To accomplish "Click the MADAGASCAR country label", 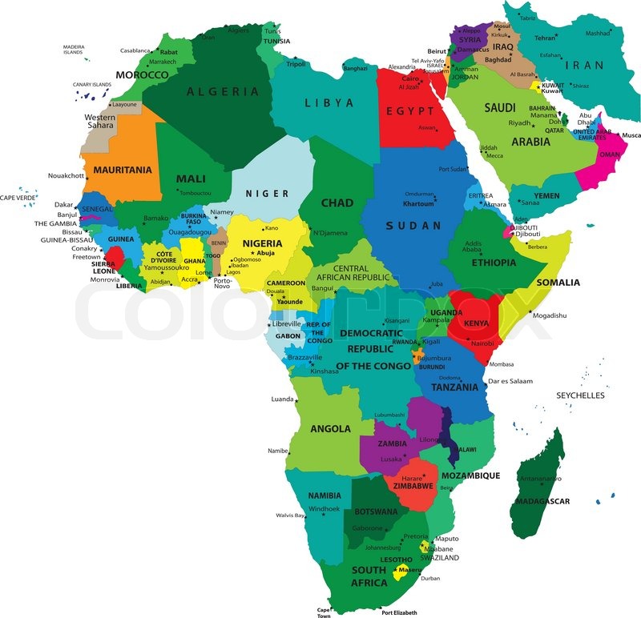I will pyautogui.click(x=542, y=501).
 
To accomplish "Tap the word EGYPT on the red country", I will pyautogui.click(x=410, y=110).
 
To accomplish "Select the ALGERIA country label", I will pyautogui.click(x=223, y=91).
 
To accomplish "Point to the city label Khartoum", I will pyautogui.click(x=418, y=203).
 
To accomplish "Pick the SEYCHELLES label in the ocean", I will pyautogui.click(x=580, y=395).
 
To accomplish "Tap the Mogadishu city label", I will pyautogui.click(x=549, y=315).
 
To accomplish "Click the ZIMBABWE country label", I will pyautogui.click(x=413, y=486).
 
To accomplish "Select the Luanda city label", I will pyautogui.click(x=283, y=399).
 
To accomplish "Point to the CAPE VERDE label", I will pyautogui.click(x=18, y=198).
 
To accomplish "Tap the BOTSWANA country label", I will pyautogui.click(x=376, y=512).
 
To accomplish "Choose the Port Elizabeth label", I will pyautogui.click(x=399, y=612).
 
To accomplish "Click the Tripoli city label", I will pyautogui.click(x=296, y=64).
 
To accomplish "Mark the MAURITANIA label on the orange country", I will pyautogui.click(x=123, y=170).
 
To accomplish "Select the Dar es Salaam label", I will pyautogui.click(x=510, y=381).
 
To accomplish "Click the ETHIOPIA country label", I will pyautogui.click(x=494, y=263).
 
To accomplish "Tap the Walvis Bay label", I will pyautogui.click(x=290, y=516).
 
